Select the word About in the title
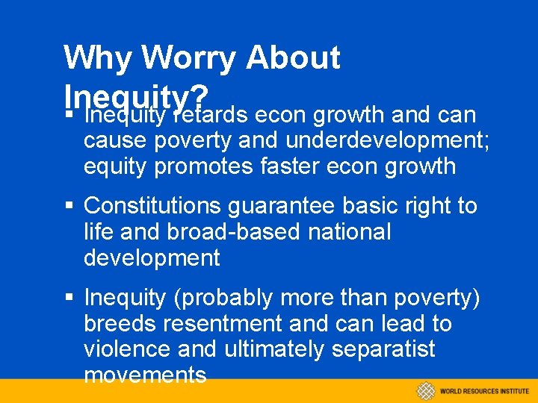click(x=293, y=57)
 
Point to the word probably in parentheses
click(x=223, y=299)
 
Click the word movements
click(x=145, y=375)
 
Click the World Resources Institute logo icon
click(x=426, y=390)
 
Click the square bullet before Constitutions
click(x=69, y=206)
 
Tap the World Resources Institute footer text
click(x=483, y=391)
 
